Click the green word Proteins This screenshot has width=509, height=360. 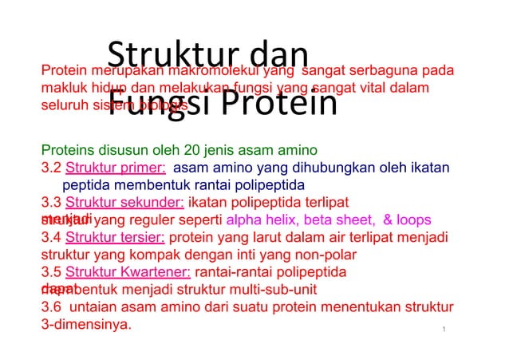tap(66, 149)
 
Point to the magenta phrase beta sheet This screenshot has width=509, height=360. tap(339, 220)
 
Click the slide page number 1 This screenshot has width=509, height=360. tap(443, 329)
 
